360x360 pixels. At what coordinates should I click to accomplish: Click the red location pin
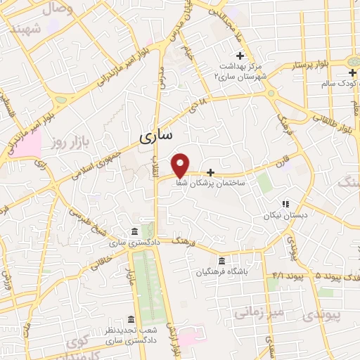coord(181,164)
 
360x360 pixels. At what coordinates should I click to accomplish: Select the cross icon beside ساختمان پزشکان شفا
coord(210,172)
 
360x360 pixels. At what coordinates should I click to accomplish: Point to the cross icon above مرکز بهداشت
coord(240,56)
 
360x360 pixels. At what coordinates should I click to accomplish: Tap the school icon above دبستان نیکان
coord(285,203)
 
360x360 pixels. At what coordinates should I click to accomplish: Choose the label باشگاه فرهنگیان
coord(222,272)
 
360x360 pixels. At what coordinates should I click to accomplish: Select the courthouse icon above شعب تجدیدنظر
coord(131,319)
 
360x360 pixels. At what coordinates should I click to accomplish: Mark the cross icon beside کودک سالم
coord(352,72)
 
